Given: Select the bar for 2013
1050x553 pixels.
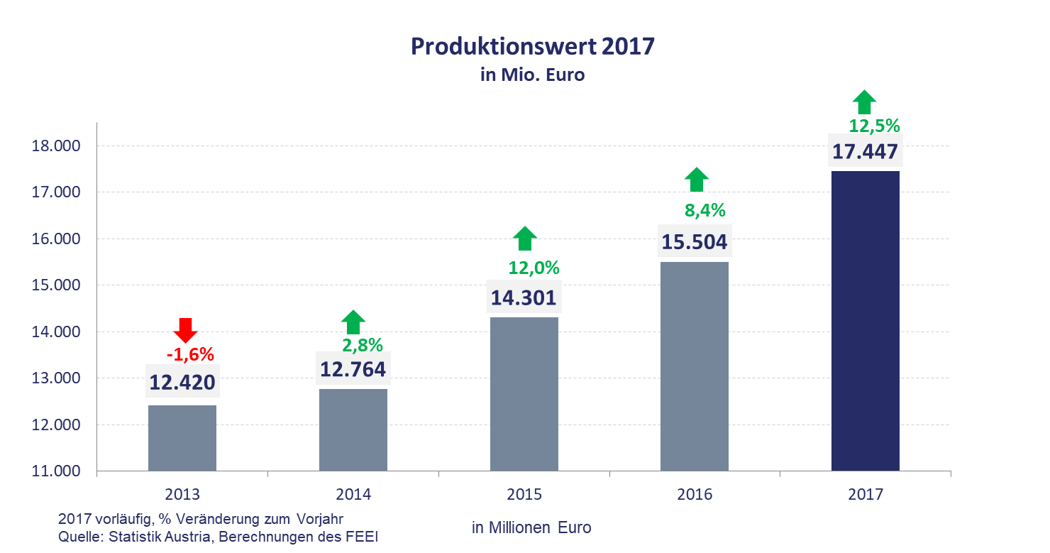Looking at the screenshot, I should click(x=182, y=437).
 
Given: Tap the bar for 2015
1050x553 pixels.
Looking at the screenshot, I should click(x=524, y=394).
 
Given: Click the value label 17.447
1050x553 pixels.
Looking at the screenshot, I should click(x=865, y=152).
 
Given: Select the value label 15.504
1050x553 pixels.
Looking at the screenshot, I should click(x=695, y=242).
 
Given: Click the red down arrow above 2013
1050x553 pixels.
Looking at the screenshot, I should click(x=185, y=330).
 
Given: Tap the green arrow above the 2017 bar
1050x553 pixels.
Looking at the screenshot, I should click(x=863, y=102).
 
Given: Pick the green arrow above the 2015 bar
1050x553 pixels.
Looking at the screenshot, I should click(x=524, y=239).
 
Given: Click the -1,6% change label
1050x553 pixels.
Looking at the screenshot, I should click(x=189, y=354).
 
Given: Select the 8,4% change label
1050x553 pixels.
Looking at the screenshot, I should click(x=704, y=210).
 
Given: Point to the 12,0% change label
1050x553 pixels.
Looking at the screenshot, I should click(x=534, y=268).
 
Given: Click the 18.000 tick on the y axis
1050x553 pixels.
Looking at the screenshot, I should click(x=57, y=146).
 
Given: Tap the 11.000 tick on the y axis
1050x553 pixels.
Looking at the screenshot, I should click(x=57, y=471).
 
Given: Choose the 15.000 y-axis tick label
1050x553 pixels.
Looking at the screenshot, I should click(x=57, y=285).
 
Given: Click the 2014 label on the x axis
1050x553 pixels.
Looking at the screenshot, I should click(x=353, y=494).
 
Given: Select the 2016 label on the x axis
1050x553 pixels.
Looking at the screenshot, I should click(x=695, y=494).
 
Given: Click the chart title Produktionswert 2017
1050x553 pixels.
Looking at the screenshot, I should click(x=533, y=47).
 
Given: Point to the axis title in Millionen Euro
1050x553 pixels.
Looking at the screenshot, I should click(x=531, y=527).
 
